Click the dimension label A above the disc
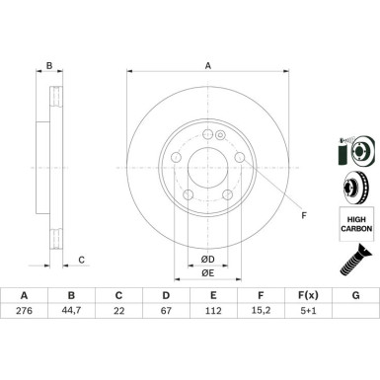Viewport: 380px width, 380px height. (207, 68)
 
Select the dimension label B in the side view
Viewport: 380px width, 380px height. (49, 67)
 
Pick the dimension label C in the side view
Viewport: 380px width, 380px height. (82, 260)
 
